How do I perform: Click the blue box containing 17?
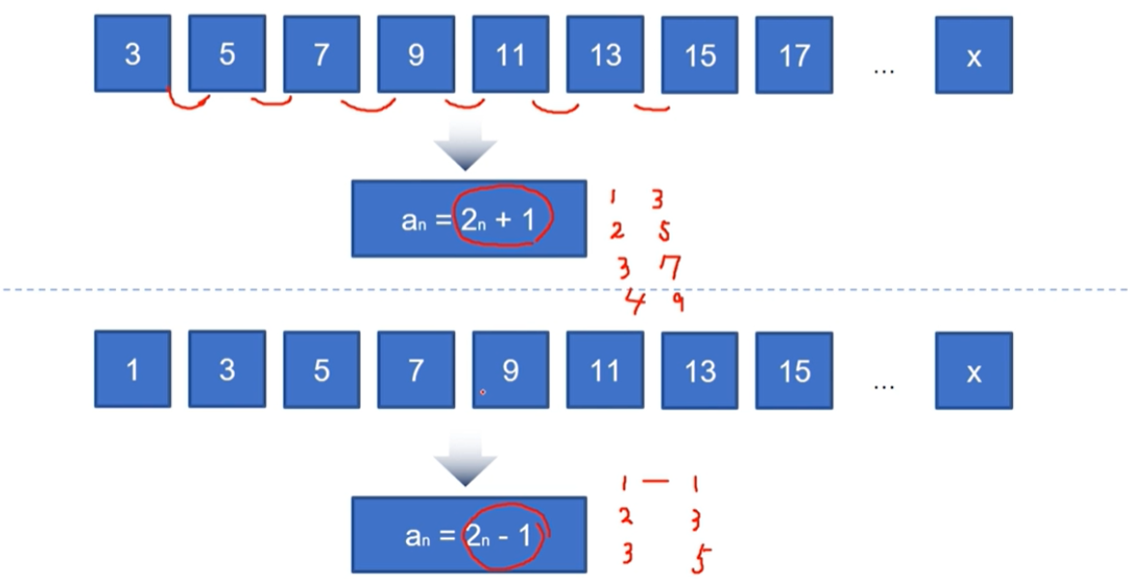794,55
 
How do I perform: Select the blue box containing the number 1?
132,369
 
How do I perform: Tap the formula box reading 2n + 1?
468,218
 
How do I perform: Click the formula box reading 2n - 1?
468,535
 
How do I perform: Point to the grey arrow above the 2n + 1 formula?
465,153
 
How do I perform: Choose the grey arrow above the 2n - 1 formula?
465,467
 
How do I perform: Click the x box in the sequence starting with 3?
973,56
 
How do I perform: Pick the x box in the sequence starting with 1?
973,371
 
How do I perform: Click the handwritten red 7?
670,266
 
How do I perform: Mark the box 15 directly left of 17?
699,55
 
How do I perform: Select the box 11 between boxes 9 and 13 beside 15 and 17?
509,54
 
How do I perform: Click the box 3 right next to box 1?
226,369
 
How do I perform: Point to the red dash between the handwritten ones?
657,480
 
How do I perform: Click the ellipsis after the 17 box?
883,70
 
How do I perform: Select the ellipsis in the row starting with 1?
883,385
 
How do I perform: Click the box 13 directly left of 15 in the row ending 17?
604,54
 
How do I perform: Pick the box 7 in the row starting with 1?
416,369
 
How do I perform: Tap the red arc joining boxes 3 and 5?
187,101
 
